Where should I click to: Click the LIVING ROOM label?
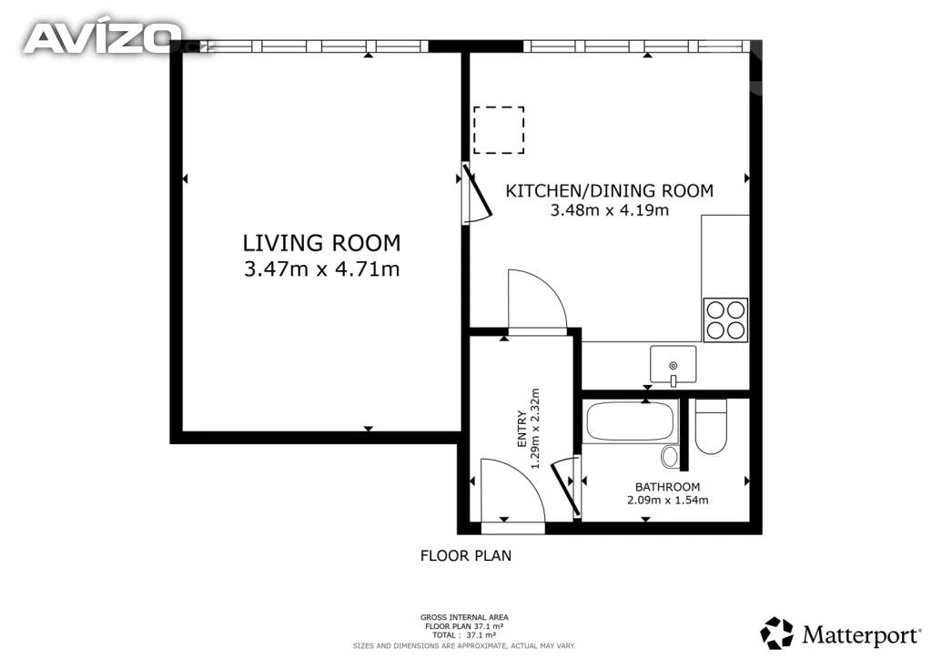[x=321, y=243]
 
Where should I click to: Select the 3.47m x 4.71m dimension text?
[x=321, y=269]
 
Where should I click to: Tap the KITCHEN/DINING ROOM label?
[x=609, y=191]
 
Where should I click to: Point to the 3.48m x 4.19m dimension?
[x=609, y=210]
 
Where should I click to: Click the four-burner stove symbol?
[x=725, y=319]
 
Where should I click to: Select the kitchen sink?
[x=673, y=365]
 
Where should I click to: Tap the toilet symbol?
[x=711, y=426]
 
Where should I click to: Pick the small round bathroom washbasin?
[x=670, y=456]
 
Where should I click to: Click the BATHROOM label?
[x=667, y=487]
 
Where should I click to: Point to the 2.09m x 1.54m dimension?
[x=667, y=501]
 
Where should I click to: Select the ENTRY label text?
[x=522, y=429]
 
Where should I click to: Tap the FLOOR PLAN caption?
[x=466, y=555]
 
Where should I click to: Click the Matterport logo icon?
[x=777, y=633]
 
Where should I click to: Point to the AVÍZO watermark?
[x=102, y=37]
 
